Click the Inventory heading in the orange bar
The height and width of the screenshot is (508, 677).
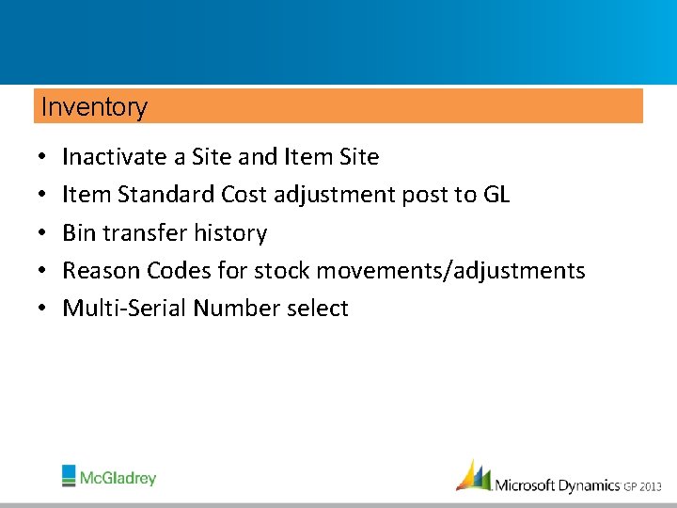point(94,107)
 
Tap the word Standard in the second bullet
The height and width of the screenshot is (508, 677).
point(166,195)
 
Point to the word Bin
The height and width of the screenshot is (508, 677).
point(79,232)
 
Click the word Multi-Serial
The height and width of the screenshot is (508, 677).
point(124,309)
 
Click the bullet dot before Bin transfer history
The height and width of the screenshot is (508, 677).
point(44,233)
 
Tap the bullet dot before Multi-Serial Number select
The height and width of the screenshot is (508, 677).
point(44,310)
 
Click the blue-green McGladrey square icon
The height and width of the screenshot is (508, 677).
point(70,475)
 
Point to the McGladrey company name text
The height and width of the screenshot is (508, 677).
point(118,478)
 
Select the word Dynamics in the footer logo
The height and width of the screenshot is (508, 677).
point(589,485)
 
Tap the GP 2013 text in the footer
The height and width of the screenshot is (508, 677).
point(644,486)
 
